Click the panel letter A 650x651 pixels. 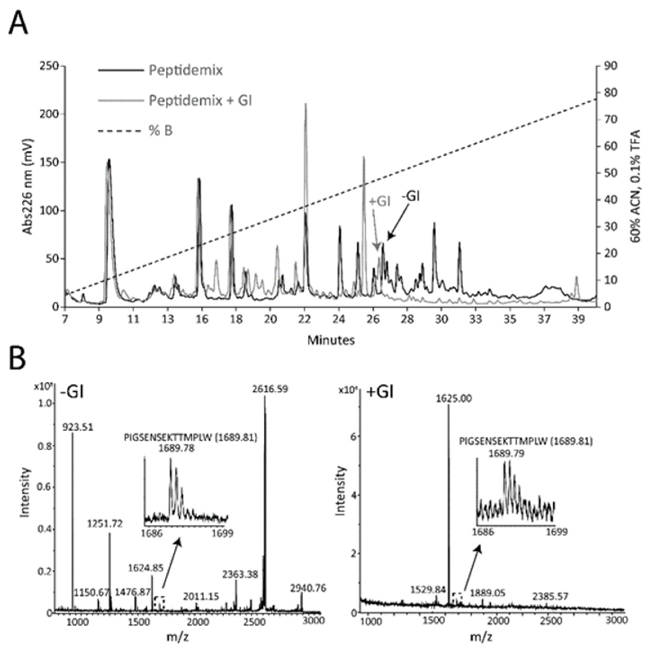tap(18, 24)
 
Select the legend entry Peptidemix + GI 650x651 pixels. tap(200, 100)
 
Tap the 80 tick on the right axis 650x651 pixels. tap(610, 93)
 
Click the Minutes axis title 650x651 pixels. tap(331, 340)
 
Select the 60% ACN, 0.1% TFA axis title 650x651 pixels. tap(635, 186)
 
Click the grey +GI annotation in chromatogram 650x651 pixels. tap(380, 202)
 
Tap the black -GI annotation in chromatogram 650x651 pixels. tap(410, 196)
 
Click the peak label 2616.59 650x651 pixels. tap(270, 389)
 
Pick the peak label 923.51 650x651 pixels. tap(77, 427)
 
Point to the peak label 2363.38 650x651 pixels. tap(240, 574)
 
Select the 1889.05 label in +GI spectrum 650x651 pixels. tap(487, 593)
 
